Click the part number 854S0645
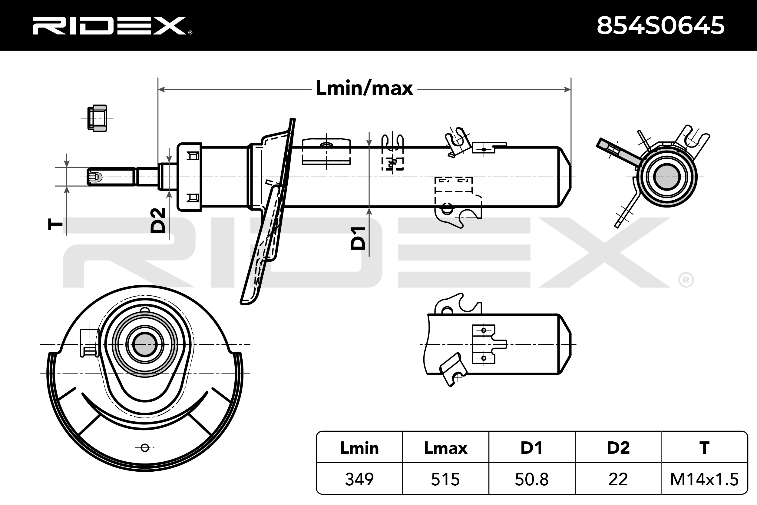coord(660,25)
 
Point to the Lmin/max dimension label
coord(364,88)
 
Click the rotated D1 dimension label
coord(358,238)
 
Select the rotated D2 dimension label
coord(158,220)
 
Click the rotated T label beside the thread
coord(55,224)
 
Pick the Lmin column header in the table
coord(359,448)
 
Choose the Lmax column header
coord(445,448)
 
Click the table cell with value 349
coord(359,479)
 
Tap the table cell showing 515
coord(445,479)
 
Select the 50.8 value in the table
coord(532,479)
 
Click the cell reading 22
coord(618,479)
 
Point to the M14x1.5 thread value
coord(704,479)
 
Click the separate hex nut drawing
coord(97,118)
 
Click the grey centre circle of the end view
coord(666,177)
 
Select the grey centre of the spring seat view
coord(145,344)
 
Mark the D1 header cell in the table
coord(532,448)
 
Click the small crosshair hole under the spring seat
coord(145,448)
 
